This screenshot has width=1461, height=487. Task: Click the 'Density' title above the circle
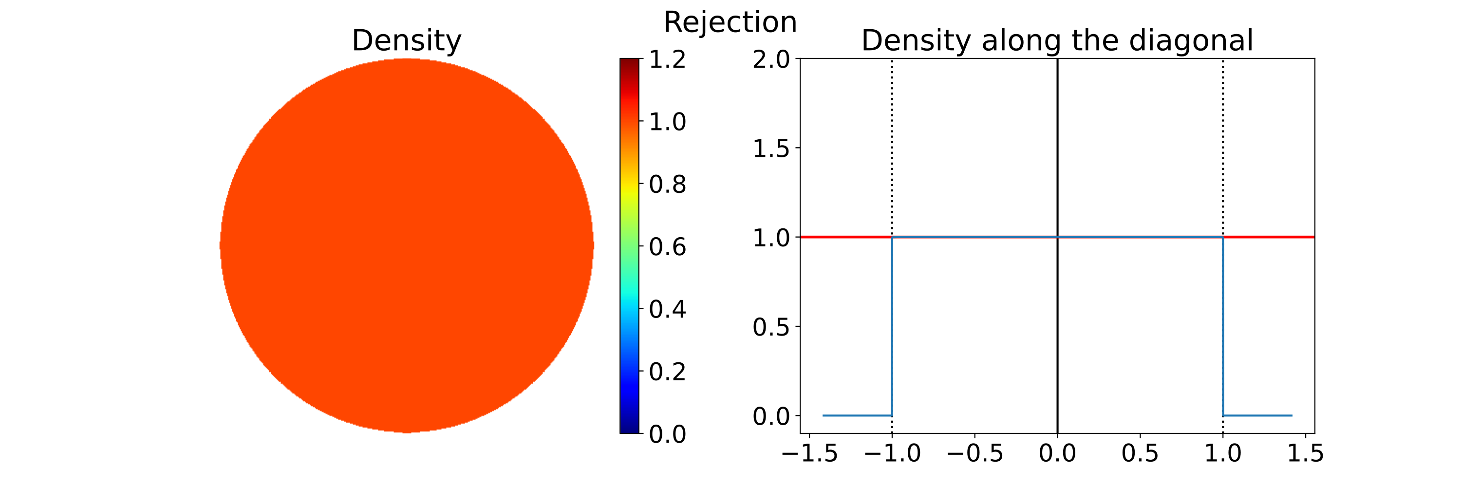406,41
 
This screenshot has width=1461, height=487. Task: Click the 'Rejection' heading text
730,23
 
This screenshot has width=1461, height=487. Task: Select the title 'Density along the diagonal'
1057,41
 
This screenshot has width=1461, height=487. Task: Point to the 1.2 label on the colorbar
667,59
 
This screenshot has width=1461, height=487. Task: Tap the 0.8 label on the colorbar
667,184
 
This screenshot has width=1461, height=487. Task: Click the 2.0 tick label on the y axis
771,59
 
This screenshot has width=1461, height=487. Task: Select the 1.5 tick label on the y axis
771,149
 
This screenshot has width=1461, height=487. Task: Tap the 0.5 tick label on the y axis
771,327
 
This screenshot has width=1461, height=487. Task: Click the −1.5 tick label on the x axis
809,453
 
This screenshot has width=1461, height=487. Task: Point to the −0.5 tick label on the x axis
975,453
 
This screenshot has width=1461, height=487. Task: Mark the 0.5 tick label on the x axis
1140,453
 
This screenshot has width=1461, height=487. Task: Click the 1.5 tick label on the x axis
1306,453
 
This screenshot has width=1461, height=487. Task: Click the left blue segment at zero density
857,415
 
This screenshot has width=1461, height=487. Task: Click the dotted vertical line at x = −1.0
892,142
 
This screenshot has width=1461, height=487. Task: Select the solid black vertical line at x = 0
1057,142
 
